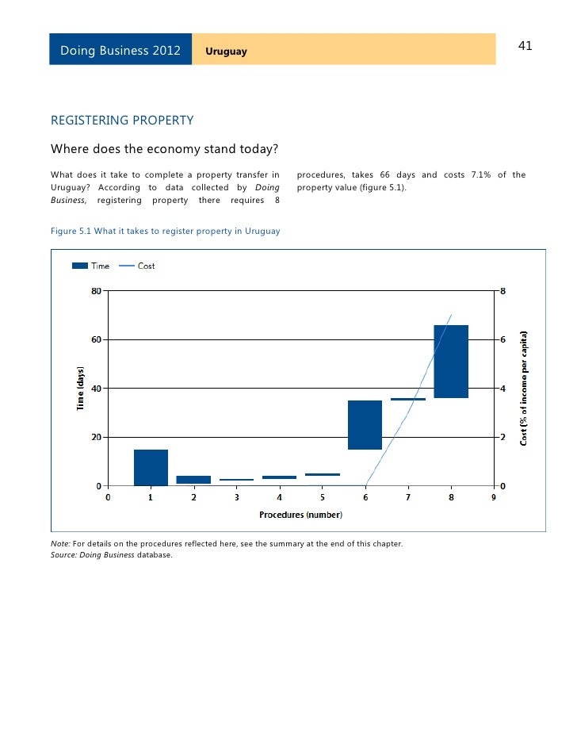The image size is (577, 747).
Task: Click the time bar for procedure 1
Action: point(151,467)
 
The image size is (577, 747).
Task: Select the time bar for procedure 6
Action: point(365,425)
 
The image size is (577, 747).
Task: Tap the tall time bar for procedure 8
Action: point(451,362)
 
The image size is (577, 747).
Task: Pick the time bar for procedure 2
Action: point(193,480)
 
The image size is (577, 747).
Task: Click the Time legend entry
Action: point(90,266)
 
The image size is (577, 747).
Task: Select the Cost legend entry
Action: point(137,266)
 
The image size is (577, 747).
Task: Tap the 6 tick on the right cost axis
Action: point(502,339)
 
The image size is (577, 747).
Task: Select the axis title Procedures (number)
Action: point(300,515)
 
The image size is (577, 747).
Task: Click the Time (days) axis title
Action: point(80,388)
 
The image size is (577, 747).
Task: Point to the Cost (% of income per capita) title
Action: point(524,388)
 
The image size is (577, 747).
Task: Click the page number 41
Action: point(525,46)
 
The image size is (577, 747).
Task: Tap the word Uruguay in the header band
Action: point(226,52)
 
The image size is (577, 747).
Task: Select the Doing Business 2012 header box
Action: point(120,51)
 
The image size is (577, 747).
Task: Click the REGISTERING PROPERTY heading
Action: point(122,121)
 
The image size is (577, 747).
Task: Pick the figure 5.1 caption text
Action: point(165,230)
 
